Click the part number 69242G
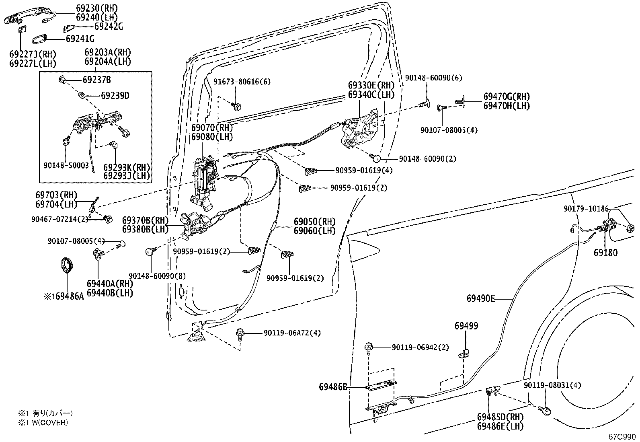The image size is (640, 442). [109, 27]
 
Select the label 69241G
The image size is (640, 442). [80, 39]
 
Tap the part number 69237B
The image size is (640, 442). [97, 80]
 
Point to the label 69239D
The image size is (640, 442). [115, 96]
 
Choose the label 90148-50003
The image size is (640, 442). [66, 165]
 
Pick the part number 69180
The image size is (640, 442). [605, 253]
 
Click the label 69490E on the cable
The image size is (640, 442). [481, 298]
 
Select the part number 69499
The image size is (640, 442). [466, 326]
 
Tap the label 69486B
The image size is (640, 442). [333, 387]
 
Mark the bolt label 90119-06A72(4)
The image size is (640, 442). [292, 333]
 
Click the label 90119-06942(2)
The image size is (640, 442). [421, 347]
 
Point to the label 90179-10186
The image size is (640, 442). [586, 208]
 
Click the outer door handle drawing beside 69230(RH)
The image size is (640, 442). [24, 18]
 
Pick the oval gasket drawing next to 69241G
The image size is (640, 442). [39, 39]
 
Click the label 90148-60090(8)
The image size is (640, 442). [158, 276]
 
